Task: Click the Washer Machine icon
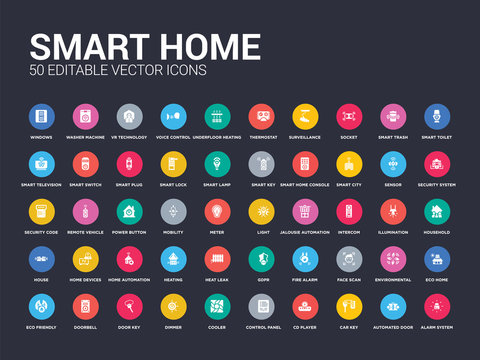point(85,116)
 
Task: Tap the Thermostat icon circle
point(262,116)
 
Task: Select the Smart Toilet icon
point(436,116)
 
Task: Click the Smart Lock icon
point(173,163)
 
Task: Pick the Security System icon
point(436,163)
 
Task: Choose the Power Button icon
point(129,212)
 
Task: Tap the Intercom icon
point(349,212)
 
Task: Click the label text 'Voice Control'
point(173,137)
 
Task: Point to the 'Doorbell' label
point(85,327)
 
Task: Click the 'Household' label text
point(436,232)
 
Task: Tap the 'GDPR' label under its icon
point(262,280)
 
